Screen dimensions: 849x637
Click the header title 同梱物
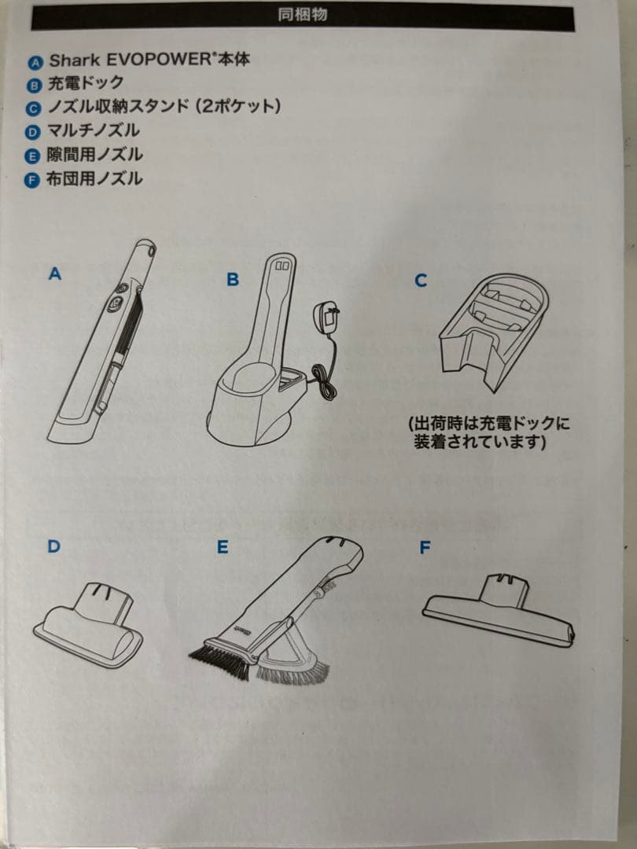point(302,15)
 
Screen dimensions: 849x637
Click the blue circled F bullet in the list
point(33,180)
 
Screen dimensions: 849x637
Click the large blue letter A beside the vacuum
point(54,274)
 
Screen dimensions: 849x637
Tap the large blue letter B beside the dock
point(232,279)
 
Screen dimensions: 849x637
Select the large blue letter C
point(422,280)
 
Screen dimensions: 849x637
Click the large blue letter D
point(53,546)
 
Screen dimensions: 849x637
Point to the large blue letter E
point(223,547)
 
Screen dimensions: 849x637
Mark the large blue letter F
point(425,547)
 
